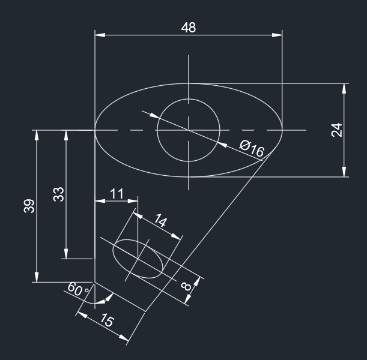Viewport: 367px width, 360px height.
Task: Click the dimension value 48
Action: (189, 28)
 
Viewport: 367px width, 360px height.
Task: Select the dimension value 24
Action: (337, 130)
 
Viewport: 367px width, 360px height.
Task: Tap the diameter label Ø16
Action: (252, 149)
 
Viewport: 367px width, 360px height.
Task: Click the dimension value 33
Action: (59, 194)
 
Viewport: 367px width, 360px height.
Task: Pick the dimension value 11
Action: (117, 193)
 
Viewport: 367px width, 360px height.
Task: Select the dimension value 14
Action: (160, 221)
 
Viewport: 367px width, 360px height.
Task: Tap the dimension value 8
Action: (187, 286)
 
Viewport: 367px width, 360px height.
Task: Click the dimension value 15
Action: (105, 320)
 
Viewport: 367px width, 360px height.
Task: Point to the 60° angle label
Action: (78, 290)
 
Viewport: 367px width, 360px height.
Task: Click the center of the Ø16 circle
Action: (189, 130)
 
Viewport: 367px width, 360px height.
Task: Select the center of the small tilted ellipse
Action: (139, 258)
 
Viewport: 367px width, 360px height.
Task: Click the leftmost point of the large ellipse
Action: (95, 130)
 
